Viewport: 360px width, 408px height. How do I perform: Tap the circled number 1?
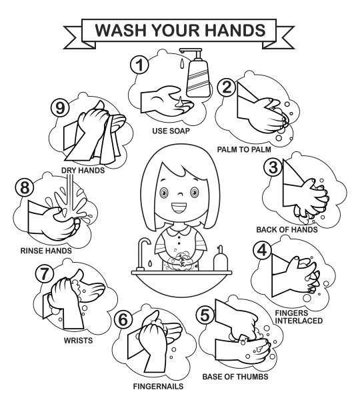tap(140, 65)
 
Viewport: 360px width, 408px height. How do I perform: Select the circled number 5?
tap(205, 315)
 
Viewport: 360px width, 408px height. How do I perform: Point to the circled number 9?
tap(60, 108)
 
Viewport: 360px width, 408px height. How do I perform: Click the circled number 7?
tap(44, 273)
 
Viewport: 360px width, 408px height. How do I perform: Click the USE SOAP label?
tap(171, 131)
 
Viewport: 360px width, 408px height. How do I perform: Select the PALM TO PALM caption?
tap(244, 149)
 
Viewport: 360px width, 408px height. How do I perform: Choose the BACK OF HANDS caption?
tap(287, 230)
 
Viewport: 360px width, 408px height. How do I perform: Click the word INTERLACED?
tap(299, 321)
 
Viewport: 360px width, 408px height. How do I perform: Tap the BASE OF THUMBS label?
tap(235, 377)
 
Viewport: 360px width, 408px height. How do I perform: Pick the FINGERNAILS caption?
tap(158, 387)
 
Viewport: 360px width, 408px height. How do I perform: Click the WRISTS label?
tap(78, 341)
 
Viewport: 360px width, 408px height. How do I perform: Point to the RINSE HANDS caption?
tap(46, 251)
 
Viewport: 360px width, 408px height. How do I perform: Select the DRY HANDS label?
tap(83, 171)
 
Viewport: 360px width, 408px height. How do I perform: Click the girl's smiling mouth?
tap(179, 207)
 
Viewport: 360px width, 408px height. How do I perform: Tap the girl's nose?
tap(180, 194)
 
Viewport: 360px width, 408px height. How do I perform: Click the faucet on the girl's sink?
tap(143, 254)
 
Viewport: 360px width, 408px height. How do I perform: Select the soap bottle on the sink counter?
tap(220, 258)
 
